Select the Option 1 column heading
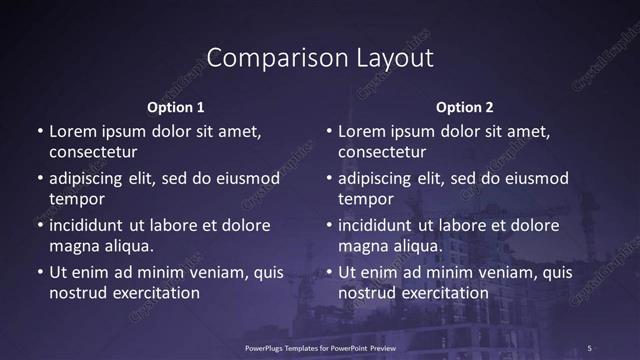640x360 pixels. point(176,107)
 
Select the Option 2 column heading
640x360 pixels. point(465,107)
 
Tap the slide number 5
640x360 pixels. point(589,347)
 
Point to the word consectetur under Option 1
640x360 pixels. point(93,152)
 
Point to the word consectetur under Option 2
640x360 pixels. point(383,152)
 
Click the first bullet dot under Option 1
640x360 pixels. point(40,132)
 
